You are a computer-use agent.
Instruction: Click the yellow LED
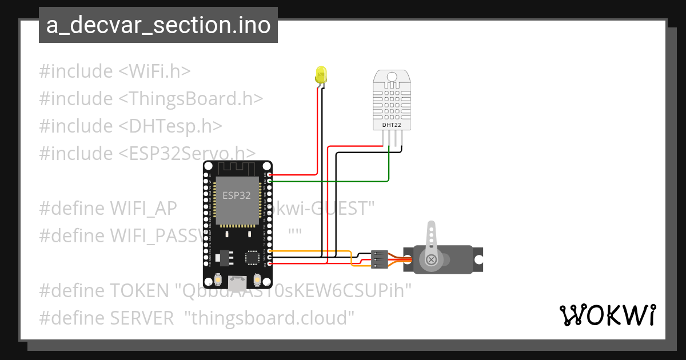[x=321, y=74]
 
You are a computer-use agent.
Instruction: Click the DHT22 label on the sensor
[x=392, y=124]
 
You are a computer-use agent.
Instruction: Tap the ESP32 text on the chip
[x=237, y=195]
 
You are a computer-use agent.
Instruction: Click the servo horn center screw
[x=431, y=260]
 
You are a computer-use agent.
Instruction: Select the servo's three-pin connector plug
[x=380, y=259]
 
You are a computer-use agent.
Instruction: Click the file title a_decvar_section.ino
[x=158, y=26]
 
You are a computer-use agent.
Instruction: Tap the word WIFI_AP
[x=142, y=209]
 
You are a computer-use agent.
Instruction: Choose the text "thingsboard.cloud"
[x=269, y=318]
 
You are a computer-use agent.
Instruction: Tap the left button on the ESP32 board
[x=217, y=279]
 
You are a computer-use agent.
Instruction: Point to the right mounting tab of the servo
[x=478, y=259]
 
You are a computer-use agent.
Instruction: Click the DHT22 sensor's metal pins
[x=392, y=139]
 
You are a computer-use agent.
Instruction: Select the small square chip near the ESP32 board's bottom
[x=252, y=258]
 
